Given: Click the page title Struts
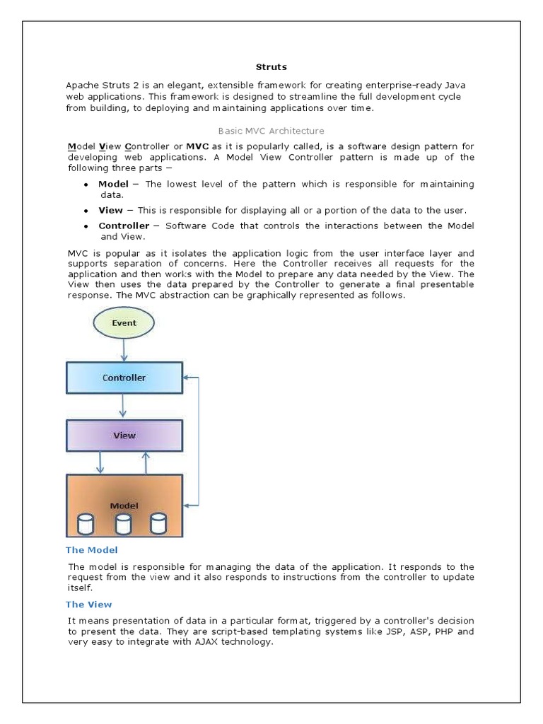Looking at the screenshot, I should coord(271,67).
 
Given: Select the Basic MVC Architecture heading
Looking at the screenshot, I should coord(271,131).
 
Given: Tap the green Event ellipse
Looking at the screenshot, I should coord(124,323).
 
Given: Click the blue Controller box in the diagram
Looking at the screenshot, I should coord(124,378).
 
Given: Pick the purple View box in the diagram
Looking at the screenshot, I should coord(124,436).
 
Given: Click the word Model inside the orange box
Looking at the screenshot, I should coord(124,506).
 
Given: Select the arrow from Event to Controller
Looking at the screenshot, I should coord(124,349).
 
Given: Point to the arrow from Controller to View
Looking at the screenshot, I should coord(124,406).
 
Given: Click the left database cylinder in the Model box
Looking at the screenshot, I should coord(86,524).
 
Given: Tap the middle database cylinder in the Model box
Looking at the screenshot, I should coord(124,524).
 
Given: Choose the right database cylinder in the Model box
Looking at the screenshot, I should coord(158,524).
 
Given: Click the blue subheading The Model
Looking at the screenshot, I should coord(92,550).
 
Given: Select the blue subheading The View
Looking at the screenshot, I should coord(89,605).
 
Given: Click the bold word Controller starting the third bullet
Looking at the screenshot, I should coord(124,226).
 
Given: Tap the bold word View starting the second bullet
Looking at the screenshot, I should coord(110,211).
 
